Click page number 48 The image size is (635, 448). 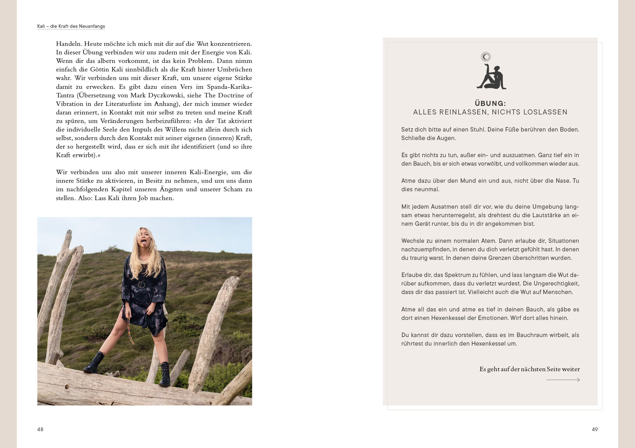(x=40, y=429)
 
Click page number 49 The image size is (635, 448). (x=595, y=429)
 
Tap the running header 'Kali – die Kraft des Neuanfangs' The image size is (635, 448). (x=71, y=26)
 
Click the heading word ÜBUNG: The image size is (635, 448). (x=490, y=103)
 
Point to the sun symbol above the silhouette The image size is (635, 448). (x=486, y=57)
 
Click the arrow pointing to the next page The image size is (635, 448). (x=563, y=380)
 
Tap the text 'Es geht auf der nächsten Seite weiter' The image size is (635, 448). (x=529, y=369)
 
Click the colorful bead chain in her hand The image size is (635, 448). (x=130, y=330)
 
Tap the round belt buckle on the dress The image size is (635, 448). (x=141, y=285)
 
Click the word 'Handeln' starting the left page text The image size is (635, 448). (x=69, y=44)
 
